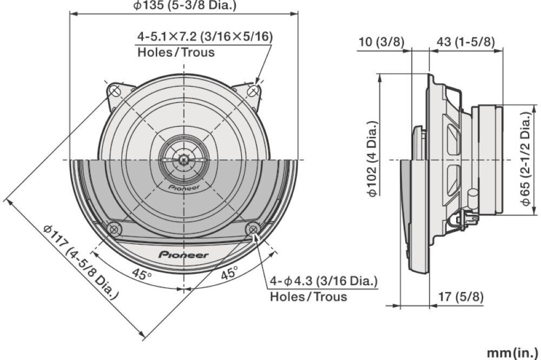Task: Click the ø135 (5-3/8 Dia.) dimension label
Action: point(185,5)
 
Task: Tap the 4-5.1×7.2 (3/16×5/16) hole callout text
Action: point(205,36)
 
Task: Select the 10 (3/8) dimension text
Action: point(381,42)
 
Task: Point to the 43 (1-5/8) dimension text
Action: point(465,42)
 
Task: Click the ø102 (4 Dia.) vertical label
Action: point(373,159)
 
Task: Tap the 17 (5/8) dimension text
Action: point(460,297)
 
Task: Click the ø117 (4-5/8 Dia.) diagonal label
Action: point(82,262)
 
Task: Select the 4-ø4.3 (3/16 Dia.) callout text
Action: point(324,281)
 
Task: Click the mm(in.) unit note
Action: point(512,353)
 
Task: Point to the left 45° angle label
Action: point(141,274)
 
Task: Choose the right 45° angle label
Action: point(229,273)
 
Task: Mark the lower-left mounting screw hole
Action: point(114,229)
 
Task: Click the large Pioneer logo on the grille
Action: point(183,255)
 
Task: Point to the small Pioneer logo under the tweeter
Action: point(184,187)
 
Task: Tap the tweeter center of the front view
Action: point(184,160)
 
